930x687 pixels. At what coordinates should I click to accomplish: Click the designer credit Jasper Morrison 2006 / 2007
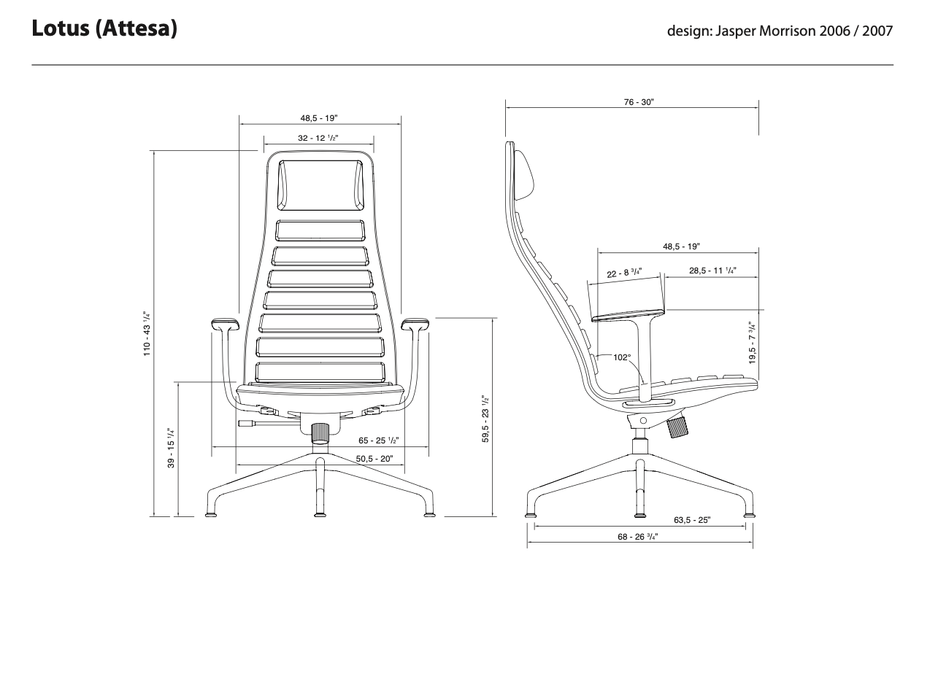[x=780, y=32]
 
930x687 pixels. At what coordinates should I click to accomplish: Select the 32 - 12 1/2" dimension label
[x=318, y=138]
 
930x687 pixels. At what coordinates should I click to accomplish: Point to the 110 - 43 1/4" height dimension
[x=147, y=333]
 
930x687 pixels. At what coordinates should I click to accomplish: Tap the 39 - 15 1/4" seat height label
[x=171, y=448]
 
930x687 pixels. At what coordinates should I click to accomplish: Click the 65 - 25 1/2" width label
[x=378, y=440]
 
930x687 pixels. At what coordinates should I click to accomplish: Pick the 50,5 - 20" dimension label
[x=374, y=459]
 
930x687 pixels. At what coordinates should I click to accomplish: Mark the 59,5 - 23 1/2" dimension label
[x=485, y=419]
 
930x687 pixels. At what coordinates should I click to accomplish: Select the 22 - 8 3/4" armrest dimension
[x=624, y=273]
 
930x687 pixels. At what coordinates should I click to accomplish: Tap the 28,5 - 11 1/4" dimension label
[x=712, y=271]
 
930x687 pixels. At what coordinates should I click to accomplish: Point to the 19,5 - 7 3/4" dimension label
[x=752, y=343]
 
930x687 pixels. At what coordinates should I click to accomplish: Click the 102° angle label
[x=622, y=357]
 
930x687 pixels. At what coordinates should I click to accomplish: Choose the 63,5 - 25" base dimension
[x=692, y=520]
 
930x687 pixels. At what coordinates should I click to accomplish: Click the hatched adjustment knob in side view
[x=679, y=425]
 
